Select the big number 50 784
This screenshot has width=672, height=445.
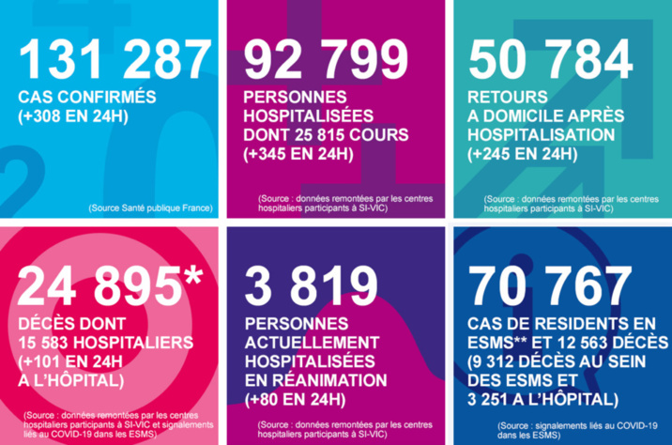point(552,60)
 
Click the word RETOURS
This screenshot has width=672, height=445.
point(505,98)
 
